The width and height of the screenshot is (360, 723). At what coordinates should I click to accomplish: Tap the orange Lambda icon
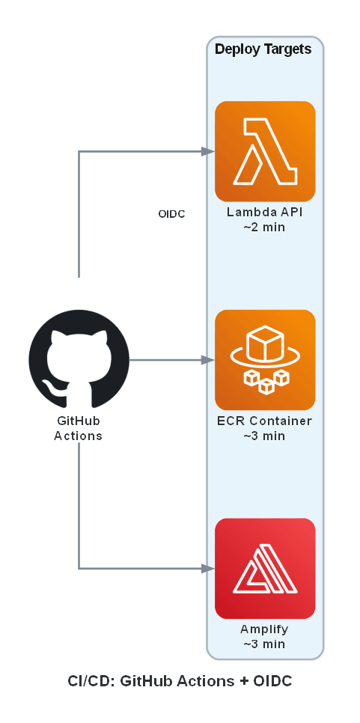point(265,151)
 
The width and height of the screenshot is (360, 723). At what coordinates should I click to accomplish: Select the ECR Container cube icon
point(265,359)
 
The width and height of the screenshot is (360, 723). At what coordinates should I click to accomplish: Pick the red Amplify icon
point(265,568)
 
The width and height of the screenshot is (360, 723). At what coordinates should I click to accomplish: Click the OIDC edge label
point(171,214)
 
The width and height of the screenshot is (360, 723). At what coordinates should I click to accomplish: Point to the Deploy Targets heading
point(264,49)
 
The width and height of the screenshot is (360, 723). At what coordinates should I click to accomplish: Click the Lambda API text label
point(264,213)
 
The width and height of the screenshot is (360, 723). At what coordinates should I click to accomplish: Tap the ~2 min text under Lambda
point(264,227)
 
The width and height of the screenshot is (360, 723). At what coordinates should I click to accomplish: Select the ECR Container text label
point(264,421)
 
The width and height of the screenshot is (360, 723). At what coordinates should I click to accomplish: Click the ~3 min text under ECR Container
point(264,436)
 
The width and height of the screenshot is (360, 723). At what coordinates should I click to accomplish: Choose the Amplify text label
point(264,629)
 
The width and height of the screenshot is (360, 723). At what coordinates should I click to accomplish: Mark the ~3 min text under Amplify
point(264,644)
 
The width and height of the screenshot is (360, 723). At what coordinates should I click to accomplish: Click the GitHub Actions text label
point(79,428)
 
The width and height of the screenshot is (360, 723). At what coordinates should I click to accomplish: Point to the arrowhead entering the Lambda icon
point(209,151)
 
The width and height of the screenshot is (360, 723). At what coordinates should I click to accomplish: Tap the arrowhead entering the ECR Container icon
point(209,360)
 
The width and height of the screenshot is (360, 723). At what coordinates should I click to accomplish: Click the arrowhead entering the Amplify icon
point(209,568)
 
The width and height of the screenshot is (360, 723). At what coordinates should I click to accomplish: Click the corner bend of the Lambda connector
point(79,151)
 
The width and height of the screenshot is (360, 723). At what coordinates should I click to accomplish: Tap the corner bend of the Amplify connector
point(79,568)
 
